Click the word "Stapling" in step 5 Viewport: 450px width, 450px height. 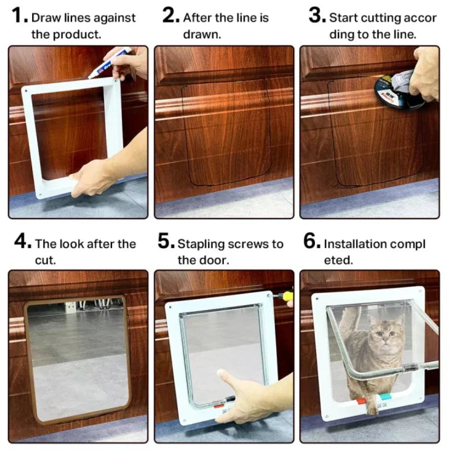(x=201, y=244)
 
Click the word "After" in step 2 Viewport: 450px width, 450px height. (x=197, y=18)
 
